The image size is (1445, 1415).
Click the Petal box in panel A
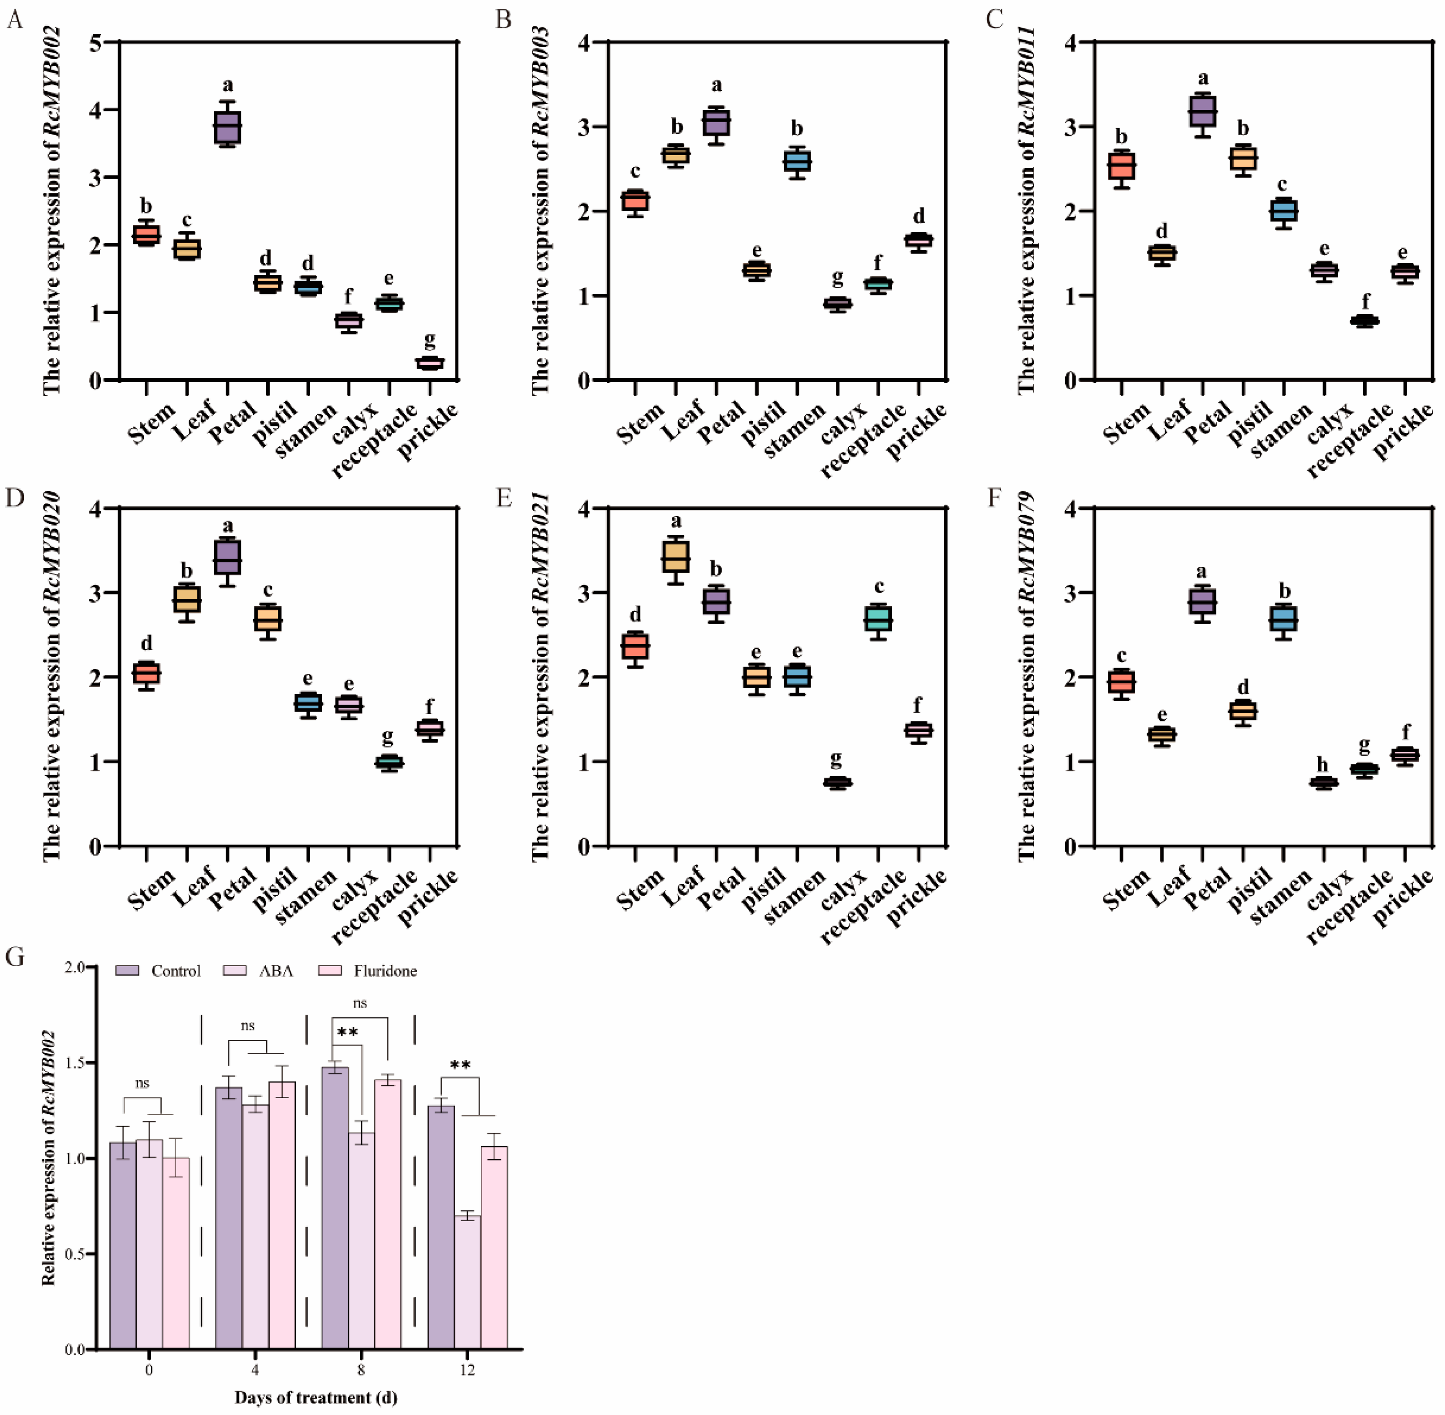[227, 127]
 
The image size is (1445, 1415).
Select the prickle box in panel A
[430, 363]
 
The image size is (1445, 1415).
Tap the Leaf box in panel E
[675, 556]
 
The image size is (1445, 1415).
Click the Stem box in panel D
[146, 672]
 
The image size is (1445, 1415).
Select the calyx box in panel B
[837, 304]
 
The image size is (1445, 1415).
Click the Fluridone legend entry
[385, 970]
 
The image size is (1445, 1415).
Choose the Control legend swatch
[127, 970]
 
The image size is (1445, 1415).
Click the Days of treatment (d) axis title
[316, 1397]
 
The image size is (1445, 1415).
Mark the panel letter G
[15, 957]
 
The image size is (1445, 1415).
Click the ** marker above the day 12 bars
[460, 1065]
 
